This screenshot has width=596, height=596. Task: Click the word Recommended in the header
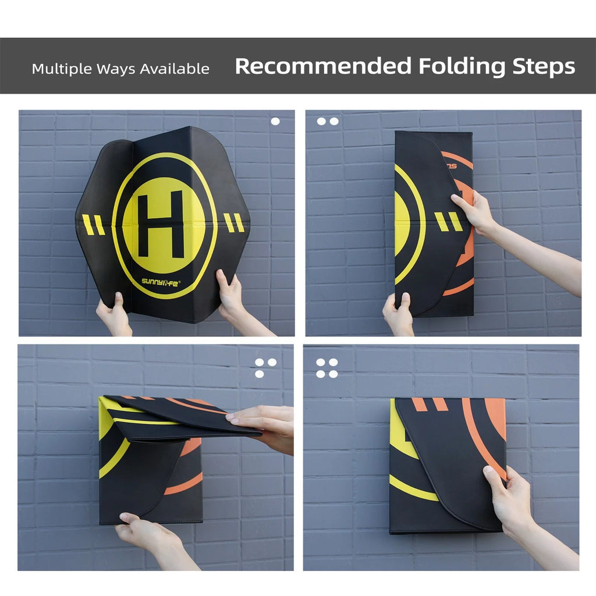tap(323, 66)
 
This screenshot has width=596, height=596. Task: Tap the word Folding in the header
tap(462, 67)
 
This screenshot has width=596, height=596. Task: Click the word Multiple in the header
tap(62, 69)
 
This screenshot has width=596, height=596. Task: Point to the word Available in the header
tap(175, 69)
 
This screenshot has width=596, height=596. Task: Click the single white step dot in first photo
tap(275, 121)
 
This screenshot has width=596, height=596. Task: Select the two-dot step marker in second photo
tap(328, 121)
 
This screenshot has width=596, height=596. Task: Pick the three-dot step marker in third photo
tap(265, 368)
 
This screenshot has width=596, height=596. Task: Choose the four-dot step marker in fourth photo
tap(327, 368)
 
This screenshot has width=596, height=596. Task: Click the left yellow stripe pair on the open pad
tap(94, 225)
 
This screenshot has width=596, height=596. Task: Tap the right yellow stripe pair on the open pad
tap(233, 223)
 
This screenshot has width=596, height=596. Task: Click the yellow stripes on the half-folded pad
tap(449, 222)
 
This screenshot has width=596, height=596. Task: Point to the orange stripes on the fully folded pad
tap(430, 405)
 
